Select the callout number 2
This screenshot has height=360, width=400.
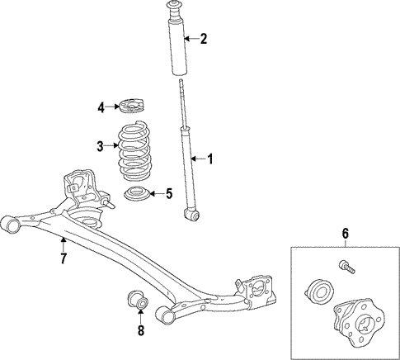[203, 38]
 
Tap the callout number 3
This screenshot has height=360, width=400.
[100, 147]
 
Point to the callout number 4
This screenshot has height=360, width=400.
[101, 107]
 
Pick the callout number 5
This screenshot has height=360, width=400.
[168, 194]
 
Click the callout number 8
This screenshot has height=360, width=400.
[139, 332]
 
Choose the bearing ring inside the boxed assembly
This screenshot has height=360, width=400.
[317, 291]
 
